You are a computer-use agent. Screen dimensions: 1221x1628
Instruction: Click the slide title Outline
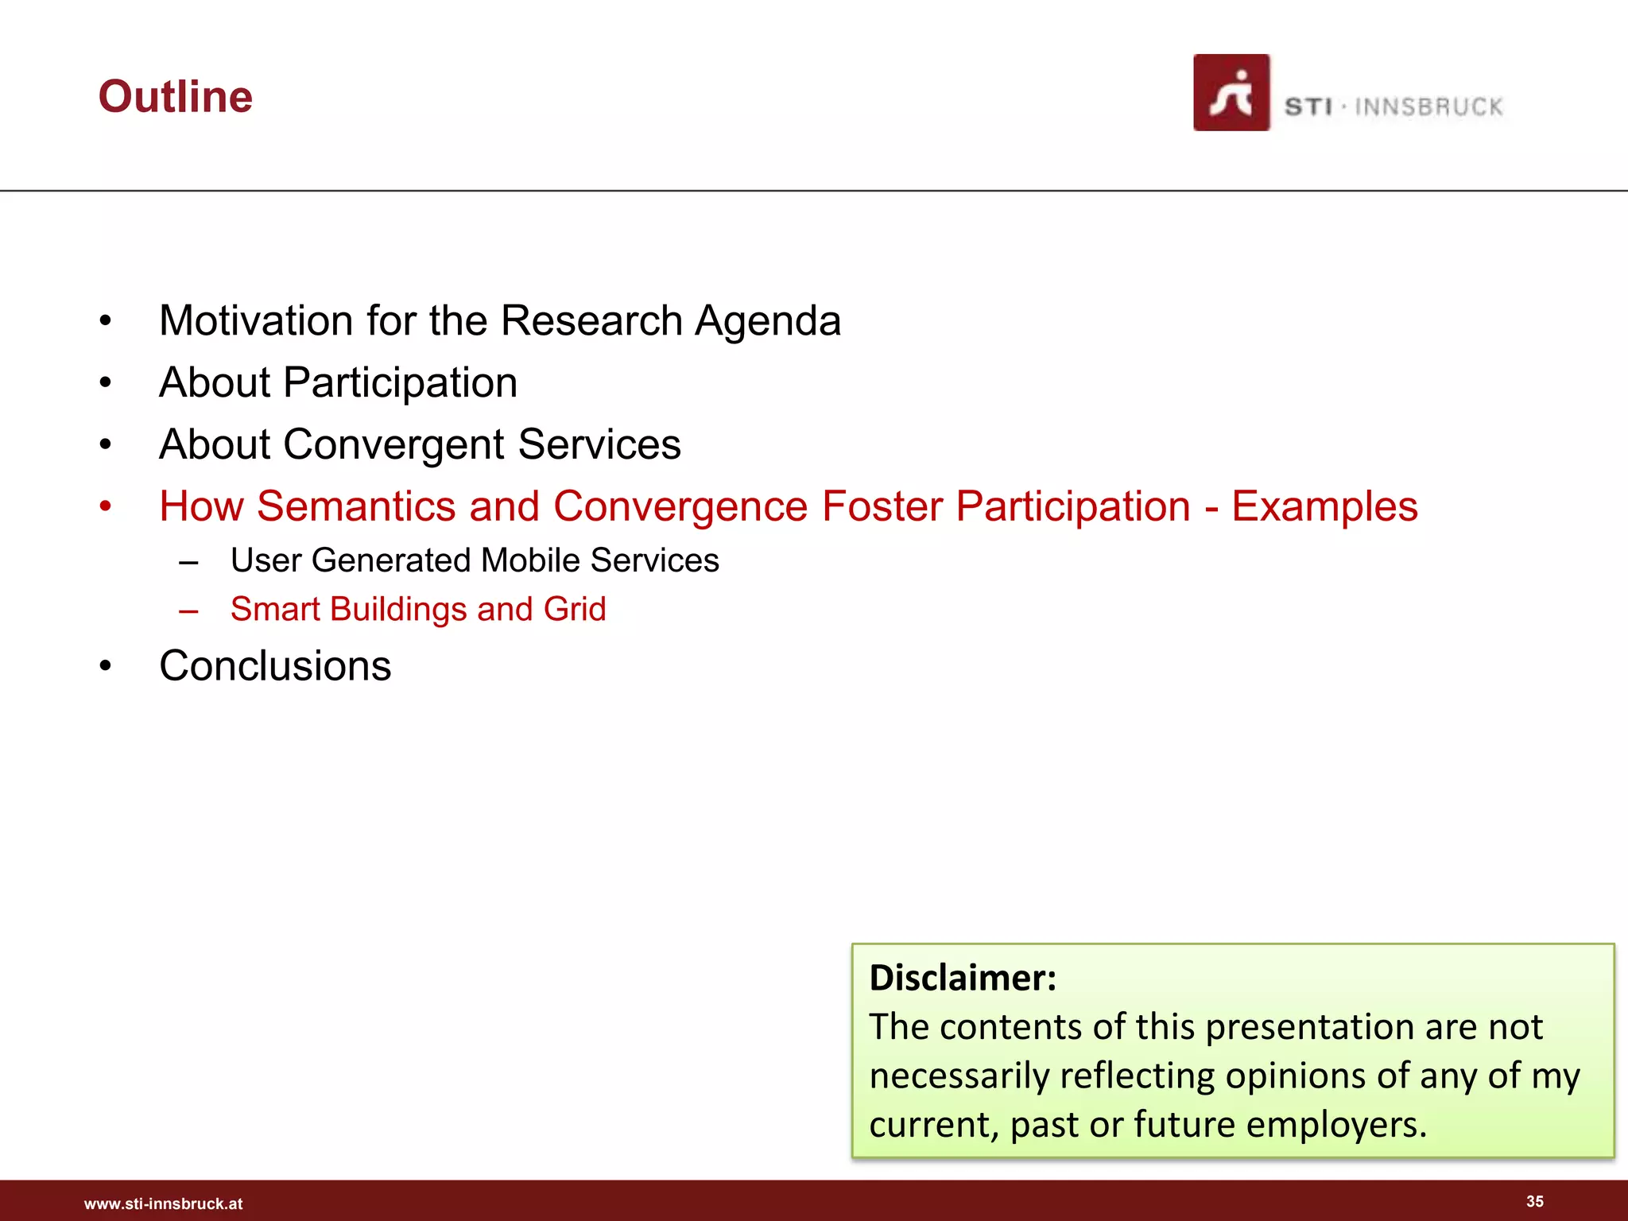[176, 97]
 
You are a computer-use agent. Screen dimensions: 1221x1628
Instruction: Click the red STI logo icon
[1231, 93]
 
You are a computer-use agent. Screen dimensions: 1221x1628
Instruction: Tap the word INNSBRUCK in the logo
[1428, 107]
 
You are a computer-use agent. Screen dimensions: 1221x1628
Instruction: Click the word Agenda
[768, 321]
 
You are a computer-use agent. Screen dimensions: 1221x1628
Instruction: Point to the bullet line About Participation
[339, 383]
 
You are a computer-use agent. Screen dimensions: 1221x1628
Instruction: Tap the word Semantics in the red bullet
[356, 506]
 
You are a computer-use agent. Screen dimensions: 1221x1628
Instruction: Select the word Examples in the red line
[1324, 506]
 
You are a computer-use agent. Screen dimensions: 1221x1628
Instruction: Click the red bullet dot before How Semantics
[106, 506]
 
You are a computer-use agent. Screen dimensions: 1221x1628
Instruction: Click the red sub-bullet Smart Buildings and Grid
[418, 610]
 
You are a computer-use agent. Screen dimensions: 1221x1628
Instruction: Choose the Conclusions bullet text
[275, 666]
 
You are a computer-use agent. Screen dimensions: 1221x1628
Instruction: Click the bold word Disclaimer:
[963, 978]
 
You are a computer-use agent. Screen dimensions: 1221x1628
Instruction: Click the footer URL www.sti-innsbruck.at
[164, 1204]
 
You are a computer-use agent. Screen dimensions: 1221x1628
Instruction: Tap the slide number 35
[1534, 1201]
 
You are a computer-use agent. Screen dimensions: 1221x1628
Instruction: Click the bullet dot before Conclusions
[106, 666]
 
